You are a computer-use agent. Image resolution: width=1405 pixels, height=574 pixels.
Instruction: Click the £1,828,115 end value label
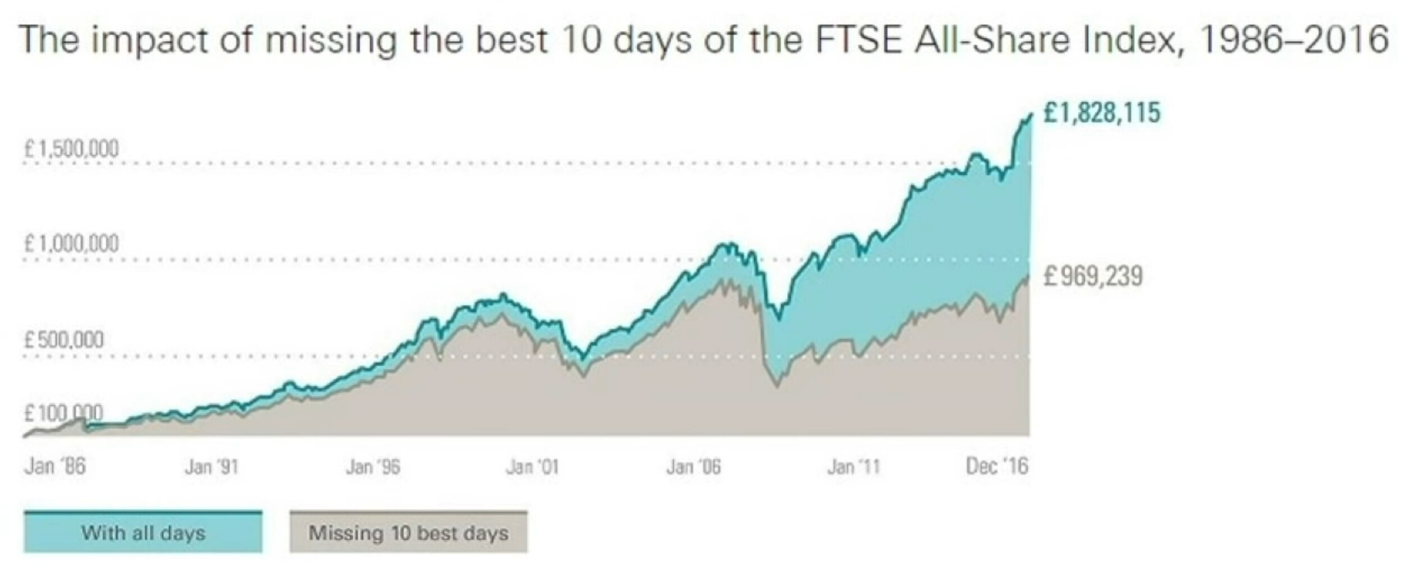(1101, 112)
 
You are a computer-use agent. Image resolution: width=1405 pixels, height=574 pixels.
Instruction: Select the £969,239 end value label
(1093, 277)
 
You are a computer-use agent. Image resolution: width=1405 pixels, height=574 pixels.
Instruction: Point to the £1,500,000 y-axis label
(71, 149)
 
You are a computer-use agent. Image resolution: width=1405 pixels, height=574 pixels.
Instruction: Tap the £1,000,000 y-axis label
(71, 244)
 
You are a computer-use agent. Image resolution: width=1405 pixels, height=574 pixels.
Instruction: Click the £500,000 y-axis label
(63, 340)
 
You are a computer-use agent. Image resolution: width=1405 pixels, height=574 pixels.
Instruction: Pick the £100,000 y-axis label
(63, 414)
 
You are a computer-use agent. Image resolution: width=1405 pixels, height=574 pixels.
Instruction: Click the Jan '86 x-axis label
(55, 466)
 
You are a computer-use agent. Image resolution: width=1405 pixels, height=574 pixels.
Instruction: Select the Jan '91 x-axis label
(212, 466)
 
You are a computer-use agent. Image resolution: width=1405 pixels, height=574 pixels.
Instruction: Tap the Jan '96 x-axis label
(373, 466)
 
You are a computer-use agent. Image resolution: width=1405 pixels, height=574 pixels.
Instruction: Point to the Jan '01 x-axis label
(532, 466)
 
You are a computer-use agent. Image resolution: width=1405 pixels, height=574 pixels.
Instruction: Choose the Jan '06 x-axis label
(693, 466)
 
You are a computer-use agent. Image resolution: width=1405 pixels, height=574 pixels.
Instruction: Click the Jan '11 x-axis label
(854, 466)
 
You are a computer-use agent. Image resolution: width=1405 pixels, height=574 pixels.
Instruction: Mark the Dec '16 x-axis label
(997, 466)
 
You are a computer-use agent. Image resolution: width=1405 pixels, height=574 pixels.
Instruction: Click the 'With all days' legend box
(143, 532)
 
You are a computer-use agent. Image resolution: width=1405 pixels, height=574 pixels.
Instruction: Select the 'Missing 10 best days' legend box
(408, 532)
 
